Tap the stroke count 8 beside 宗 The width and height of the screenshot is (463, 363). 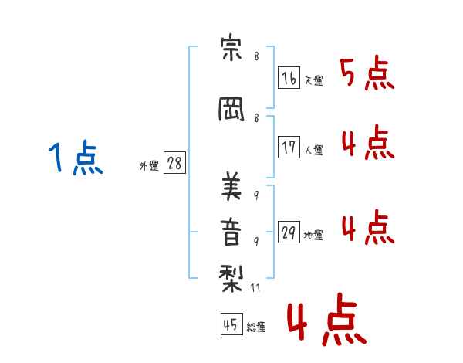click(x=256, y=57)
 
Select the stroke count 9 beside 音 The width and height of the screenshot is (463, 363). click(x=256, y=241)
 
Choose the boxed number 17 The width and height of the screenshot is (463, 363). click(x=289, y=148)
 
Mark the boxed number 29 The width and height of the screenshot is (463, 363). click(x=289, y=232)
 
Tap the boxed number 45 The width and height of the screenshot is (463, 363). click(x=231, y=325)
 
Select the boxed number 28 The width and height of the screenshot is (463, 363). click(x=174, y=163)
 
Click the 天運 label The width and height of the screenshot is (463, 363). click(x=313, y=81)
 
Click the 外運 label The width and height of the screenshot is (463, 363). click(x=148, y=166)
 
